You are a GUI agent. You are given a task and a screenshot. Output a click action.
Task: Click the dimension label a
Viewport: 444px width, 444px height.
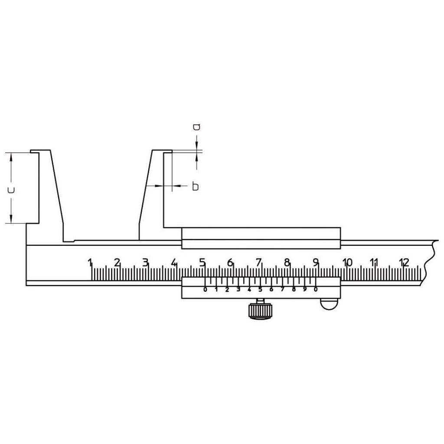[196, 127]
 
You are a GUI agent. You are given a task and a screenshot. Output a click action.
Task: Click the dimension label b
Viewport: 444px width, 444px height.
[196, 186]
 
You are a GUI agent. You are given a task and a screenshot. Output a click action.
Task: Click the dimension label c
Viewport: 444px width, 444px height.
[11, 190]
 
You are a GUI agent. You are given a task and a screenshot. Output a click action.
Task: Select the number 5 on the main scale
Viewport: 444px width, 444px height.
[202, 262]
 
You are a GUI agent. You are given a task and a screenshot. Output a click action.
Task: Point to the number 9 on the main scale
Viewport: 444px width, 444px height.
[316, 262]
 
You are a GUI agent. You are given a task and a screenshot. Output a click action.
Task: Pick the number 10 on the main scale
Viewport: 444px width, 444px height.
[347, 262]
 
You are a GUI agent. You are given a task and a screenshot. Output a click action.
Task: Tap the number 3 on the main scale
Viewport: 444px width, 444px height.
[145, 262]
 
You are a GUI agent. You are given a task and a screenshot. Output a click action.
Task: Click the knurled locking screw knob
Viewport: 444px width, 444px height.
[260, 311]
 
